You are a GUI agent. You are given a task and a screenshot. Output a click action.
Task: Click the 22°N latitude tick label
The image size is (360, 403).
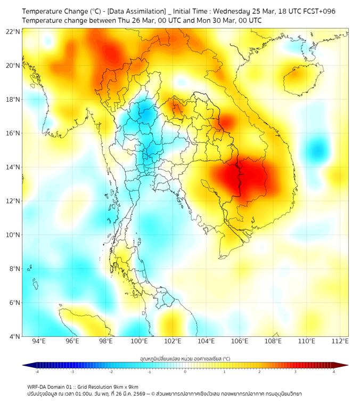pyautogui.click(x=13, y=31)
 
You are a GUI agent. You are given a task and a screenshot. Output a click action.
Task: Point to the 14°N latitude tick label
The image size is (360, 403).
pyautogui.click(x=13, y=167)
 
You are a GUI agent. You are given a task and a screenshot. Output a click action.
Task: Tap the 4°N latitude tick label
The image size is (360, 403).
pyautogui.click(x=14, y=336)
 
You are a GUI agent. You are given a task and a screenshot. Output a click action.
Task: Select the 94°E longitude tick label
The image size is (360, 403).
pyautogui.click(x=39, y=341)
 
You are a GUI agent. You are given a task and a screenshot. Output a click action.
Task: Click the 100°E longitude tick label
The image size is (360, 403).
pyautogui.click(x=140, y=341)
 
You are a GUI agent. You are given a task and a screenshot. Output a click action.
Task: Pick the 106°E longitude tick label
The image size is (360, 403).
pyautogui.click(x=240, y=341)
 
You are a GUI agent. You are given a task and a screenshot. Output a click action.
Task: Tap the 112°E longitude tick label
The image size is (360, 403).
pyautogui.click(x=340, y=341)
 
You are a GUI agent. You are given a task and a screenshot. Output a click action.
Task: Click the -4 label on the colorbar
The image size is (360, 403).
pyautogui.click(x=37, y=372)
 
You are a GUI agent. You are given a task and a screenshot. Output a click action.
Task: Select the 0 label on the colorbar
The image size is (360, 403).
pyautogui.click(x=185, y=372)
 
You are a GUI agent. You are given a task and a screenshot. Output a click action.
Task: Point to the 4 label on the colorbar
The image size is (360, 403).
pyautogui.click(x=333, y=372)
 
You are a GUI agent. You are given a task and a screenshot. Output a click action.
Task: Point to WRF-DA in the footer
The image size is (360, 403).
pyautogui.click(x=37, y=386)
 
